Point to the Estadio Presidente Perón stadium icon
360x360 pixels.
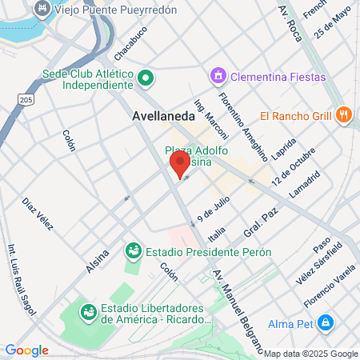133,251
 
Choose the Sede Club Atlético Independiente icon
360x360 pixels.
146,79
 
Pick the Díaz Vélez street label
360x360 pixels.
38,214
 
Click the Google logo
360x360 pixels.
26,350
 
